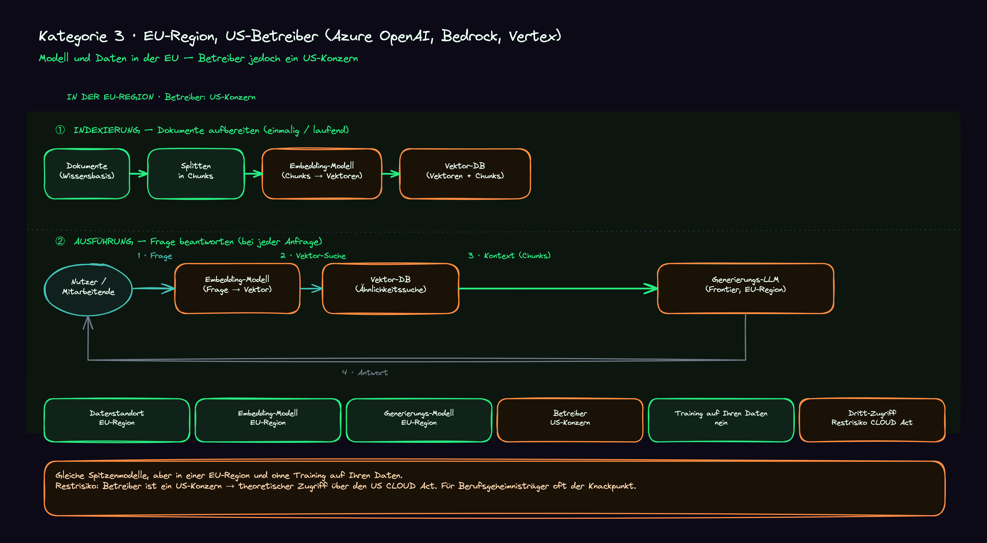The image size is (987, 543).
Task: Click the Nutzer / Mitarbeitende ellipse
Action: (88, 290)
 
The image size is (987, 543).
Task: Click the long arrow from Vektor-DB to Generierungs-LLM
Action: (558, 288)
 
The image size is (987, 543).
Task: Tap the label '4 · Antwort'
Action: (365, 372)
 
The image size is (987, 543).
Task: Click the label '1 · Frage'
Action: (155, 256)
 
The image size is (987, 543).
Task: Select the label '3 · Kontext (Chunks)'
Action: (509, 256)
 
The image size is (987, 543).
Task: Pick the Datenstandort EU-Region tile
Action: (117, 420)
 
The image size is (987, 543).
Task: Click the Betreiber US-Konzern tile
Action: (570, 420)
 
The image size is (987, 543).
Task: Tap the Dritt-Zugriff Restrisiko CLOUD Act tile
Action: (872, 420)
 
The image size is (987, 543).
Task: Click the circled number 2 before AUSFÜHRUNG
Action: (60, 241)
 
